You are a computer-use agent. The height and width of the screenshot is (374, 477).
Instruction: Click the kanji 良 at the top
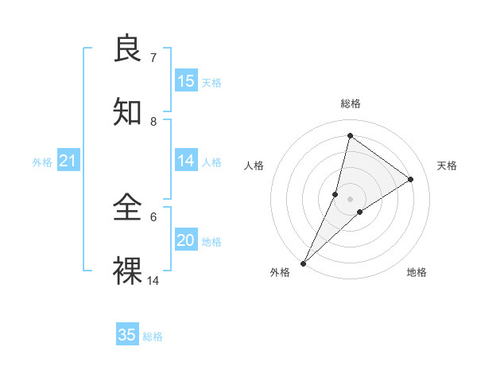(x=128, y=49)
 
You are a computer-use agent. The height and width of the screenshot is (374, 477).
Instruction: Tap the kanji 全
(x=128, y=208)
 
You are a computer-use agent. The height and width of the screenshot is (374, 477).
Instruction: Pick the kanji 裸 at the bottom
(x=128, y=271)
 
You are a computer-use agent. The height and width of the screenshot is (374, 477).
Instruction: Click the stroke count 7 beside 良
(x=153, y=57)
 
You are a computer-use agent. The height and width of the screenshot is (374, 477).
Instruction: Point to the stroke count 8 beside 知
(x=153, y=121)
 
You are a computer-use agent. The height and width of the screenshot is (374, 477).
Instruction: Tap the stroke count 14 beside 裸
(x=153, y=280)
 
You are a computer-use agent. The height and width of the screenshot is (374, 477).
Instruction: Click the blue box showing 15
(x=186, y=81)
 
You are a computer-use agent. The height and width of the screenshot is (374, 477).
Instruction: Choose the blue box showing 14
(x=186, y=161)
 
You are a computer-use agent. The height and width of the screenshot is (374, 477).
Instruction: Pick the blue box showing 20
(x=186, y=240)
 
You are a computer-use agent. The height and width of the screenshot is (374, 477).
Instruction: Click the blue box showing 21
(x=68, y=162)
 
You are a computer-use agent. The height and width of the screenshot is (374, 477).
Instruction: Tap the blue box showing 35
(x=127, y=335)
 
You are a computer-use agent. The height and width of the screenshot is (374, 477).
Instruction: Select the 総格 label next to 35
(x=153, y=337)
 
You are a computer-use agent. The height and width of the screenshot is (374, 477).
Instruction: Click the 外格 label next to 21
(x=42, y=162)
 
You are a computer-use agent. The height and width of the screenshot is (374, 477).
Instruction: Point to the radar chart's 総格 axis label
(x=350, y=103)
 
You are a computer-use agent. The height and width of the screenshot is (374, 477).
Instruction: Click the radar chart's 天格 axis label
(x=448, y=166)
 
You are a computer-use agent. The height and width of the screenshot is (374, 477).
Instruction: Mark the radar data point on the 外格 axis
(x=303, y=263)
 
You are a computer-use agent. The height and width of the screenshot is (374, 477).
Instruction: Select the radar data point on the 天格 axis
(x=411, y=179)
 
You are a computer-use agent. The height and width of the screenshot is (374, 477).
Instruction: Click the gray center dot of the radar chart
(x=350, y=199)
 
